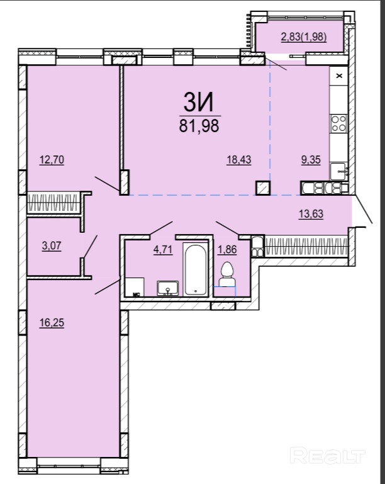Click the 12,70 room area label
(x=52, y=160)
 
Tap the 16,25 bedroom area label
(x=52, y=323)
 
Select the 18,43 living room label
(x=239, y=160)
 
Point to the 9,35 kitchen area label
(x=311, y=160)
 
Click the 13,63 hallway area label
(x=311, y=213)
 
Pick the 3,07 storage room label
(x=52, y=246)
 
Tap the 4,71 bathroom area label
(x=163, y=249)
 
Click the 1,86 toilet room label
(x=227, y=249)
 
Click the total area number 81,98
(x=199, y=126)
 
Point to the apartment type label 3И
(x=199, y=103)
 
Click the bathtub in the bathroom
(x=195, y=269)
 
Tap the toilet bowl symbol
(x=227, y=274)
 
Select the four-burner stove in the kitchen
(x=338, y=123)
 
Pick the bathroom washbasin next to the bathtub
(x=167, y=288)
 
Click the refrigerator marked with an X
(x=338, y=76)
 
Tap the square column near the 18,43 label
(x=263, y=188)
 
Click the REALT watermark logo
(x=328, y=456)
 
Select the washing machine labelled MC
(x=135, y=287)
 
